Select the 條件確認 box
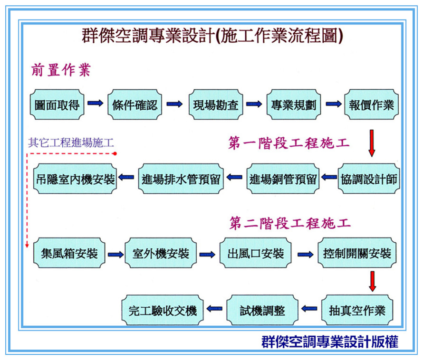click(135, 104)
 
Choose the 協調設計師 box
click(369, 180)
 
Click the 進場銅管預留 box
click(283, 180)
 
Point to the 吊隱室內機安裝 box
click(76, 180)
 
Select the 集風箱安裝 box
click(66, 254)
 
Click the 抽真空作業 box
click(357, 310)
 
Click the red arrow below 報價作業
click(372, 143)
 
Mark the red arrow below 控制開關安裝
click(372, 281)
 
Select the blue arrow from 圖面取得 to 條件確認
click(96, 104)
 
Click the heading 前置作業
click(60, 70)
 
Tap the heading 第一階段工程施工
click(289, 143)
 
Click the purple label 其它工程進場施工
click(71, 142)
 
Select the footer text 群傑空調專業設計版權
click(329, 341)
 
